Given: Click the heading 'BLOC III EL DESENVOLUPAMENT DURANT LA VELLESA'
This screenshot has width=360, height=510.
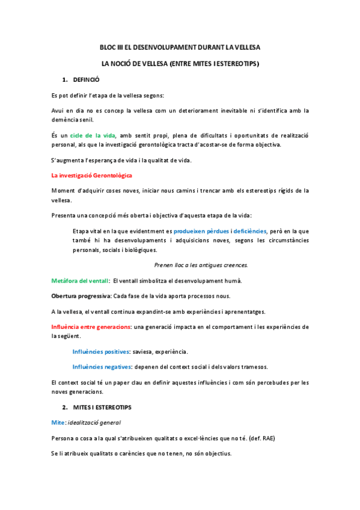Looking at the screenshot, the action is [180, 47].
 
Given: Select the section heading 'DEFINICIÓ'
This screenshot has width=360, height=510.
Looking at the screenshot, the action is [86, 79].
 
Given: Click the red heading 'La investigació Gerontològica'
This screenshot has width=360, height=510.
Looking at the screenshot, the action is [92, 175].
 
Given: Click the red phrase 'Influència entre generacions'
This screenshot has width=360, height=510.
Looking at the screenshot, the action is [91, 327].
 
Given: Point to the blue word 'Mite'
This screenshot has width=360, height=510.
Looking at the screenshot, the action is [58, 422].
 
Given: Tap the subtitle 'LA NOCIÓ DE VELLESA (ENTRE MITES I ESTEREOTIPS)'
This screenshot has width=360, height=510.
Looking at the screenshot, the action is [180, 63].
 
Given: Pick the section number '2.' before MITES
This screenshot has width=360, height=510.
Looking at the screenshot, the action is [65, 407].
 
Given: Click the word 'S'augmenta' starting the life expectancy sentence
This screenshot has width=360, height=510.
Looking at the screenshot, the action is [68, 159].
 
